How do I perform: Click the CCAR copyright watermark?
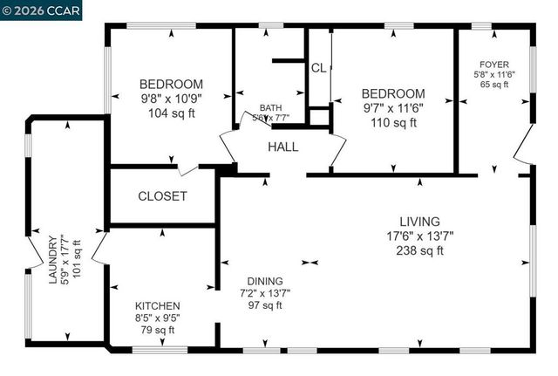(x=41, y=10)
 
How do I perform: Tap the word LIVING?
(x=419, y=222)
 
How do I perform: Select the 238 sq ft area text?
(x=419, y=250)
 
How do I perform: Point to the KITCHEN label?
(x=157, y=306)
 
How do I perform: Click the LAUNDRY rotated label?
(x=53, y=261)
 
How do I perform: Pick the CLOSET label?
(x=162, y=196)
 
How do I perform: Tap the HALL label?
(x=282, y=147)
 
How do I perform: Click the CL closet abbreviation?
(x=318, y=68)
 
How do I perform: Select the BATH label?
(x=271, y=108)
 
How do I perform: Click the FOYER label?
(x=494, y=64)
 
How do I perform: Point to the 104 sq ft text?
(x=171, y=113)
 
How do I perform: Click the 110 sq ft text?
(x=393, y=122)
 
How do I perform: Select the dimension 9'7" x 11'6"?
(x=393, y=108)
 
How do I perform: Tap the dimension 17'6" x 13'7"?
(x=419, y=236)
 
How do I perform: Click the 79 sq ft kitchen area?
(x=157, y=330)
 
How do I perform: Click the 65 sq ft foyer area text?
(x=494, y=85)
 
